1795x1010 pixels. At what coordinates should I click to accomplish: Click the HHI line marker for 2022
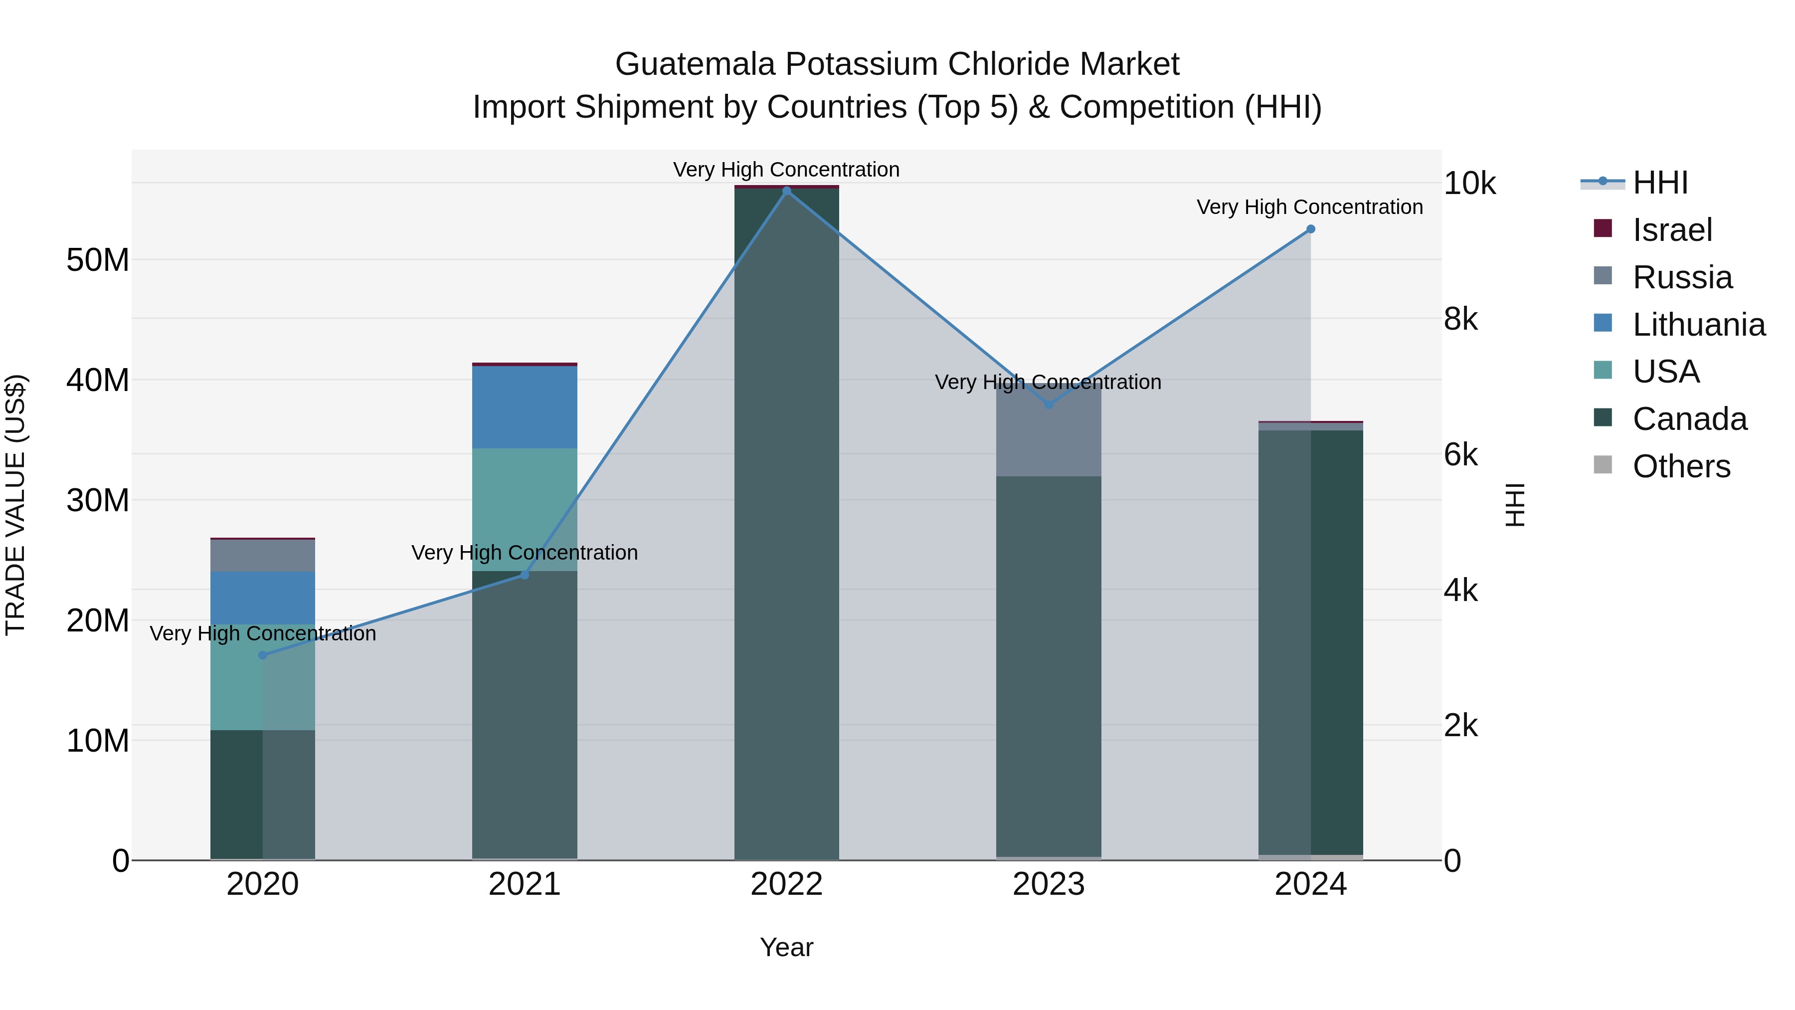[x=787, y=191]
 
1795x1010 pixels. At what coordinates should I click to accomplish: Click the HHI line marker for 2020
[x=263, y=655]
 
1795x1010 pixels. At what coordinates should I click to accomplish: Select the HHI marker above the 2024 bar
[x=1311, y=229]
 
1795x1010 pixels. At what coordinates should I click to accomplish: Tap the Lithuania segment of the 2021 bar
[x=525, y=407]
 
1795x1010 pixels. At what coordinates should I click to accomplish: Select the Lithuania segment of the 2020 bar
[x=263, y=598]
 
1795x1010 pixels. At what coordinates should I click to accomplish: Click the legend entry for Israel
[x=1672, y=230]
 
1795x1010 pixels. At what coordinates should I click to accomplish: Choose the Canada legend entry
[x=1689, y=419]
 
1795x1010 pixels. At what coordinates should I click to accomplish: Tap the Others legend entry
[x=1681, y=466]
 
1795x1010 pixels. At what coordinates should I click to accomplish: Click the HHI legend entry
[x=1660, y=183]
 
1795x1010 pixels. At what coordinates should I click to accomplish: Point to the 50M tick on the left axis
[x=98, y=260]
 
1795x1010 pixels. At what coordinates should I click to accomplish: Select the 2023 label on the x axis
[x=1049, y=884]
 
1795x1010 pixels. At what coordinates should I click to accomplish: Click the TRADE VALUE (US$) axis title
[x=16, y=505]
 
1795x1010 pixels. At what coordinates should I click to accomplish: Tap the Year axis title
[x=787, y=947]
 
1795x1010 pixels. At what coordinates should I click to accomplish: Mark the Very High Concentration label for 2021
[x=525, y=553]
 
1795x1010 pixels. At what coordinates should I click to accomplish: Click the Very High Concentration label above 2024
[x=1309, y=207]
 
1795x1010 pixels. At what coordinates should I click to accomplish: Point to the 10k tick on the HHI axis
[x=1469, y=184]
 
